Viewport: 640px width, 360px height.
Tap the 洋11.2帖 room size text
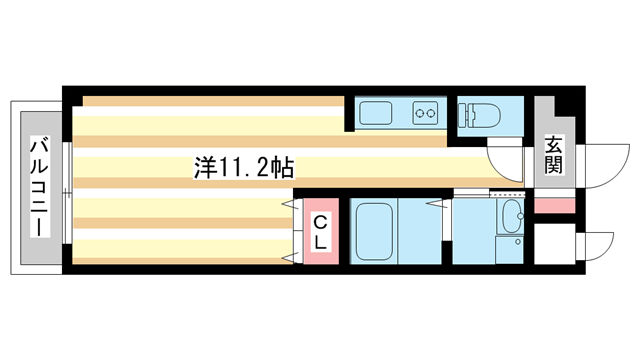[243, 167]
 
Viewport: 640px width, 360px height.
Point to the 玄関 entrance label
[553, 156]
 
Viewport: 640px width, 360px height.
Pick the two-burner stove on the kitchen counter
[427, 113]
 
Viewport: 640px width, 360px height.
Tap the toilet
[478, 114]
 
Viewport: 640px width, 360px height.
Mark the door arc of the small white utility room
[597, 246]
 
